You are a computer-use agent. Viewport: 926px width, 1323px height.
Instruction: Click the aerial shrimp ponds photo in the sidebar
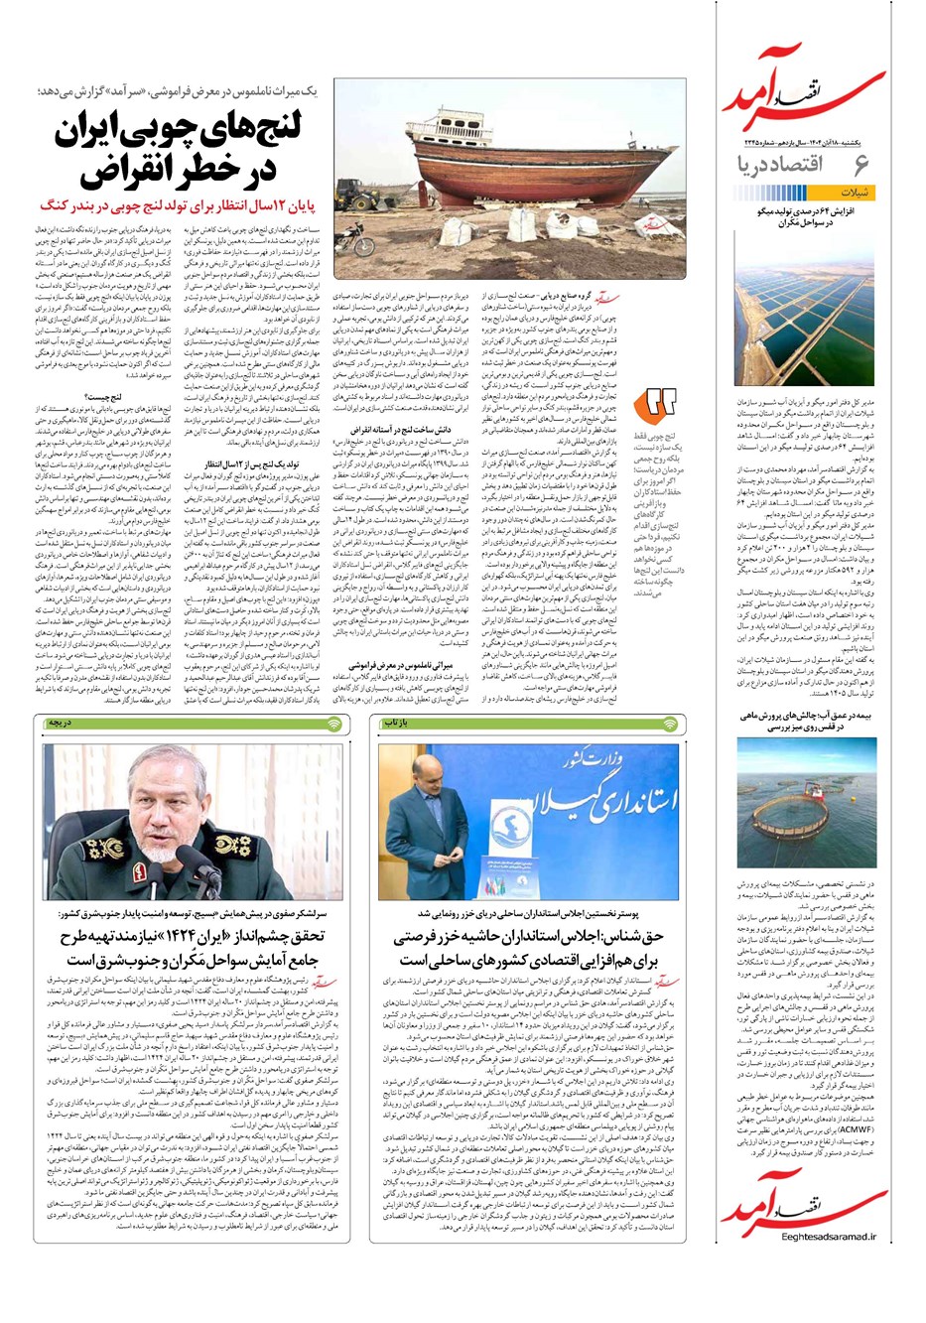(806, 312)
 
